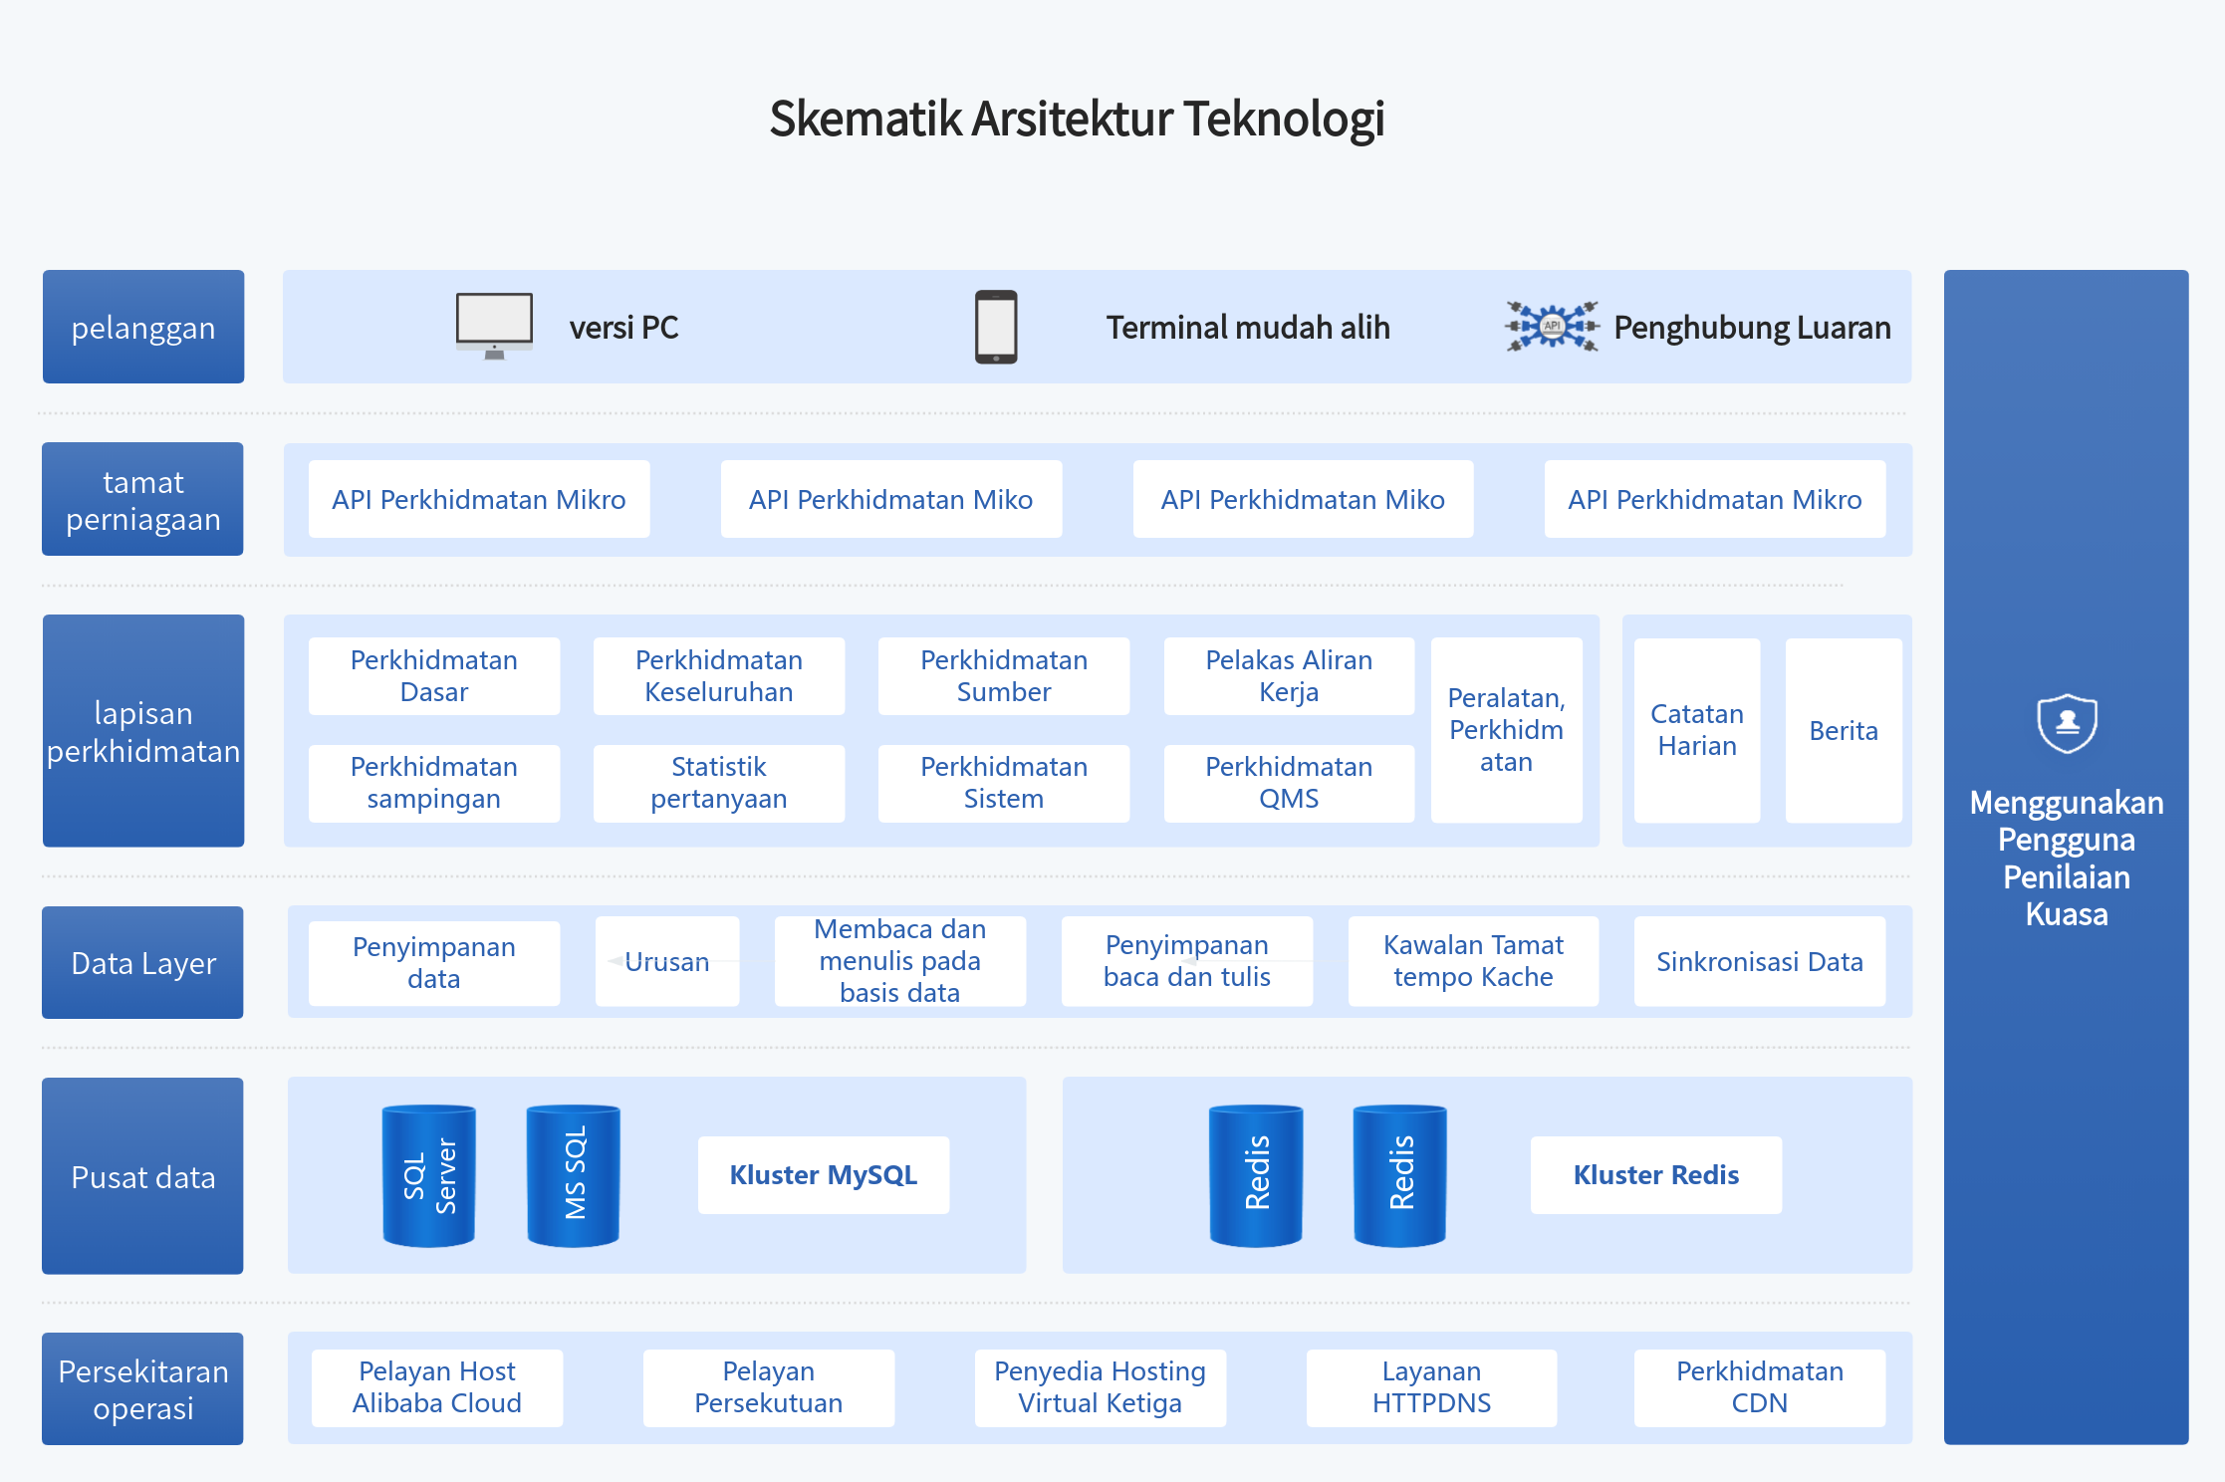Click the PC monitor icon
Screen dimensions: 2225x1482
pos(494,326)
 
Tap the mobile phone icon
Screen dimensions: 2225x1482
pos(996,327)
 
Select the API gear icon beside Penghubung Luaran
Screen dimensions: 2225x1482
pos(1552,326)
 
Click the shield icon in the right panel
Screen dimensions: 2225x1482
pos(2067,723)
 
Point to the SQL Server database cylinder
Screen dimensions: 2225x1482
pos(429,1175)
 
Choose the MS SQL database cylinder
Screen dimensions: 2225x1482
pos(574,1175)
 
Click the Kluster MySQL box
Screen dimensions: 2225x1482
pos(824,1175)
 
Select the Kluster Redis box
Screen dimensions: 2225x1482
pos(1656,1175)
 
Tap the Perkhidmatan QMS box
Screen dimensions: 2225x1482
pos(1289,783)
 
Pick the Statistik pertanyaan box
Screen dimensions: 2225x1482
pos(719,783)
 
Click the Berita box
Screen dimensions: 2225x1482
pos(1844,730)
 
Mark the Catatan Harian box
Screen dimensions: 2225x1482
pos(1697,730)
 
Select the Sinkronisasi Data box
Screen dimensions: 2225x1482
pos(1760,961)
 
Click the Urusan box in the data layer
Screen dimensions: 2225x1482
pos(667,961)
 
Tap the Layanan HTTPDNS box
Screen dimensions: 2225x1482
pos(1431,1387)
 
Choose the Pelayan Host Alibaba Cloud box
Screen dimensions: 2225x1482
pos(437,1387)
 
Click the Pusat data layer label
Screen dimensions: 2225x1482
pos(142,1176)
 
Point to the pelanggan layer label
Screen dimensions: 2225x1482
pos(143,327)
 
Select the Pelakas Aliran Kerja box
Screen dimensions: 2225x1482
pos(1289,676)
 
